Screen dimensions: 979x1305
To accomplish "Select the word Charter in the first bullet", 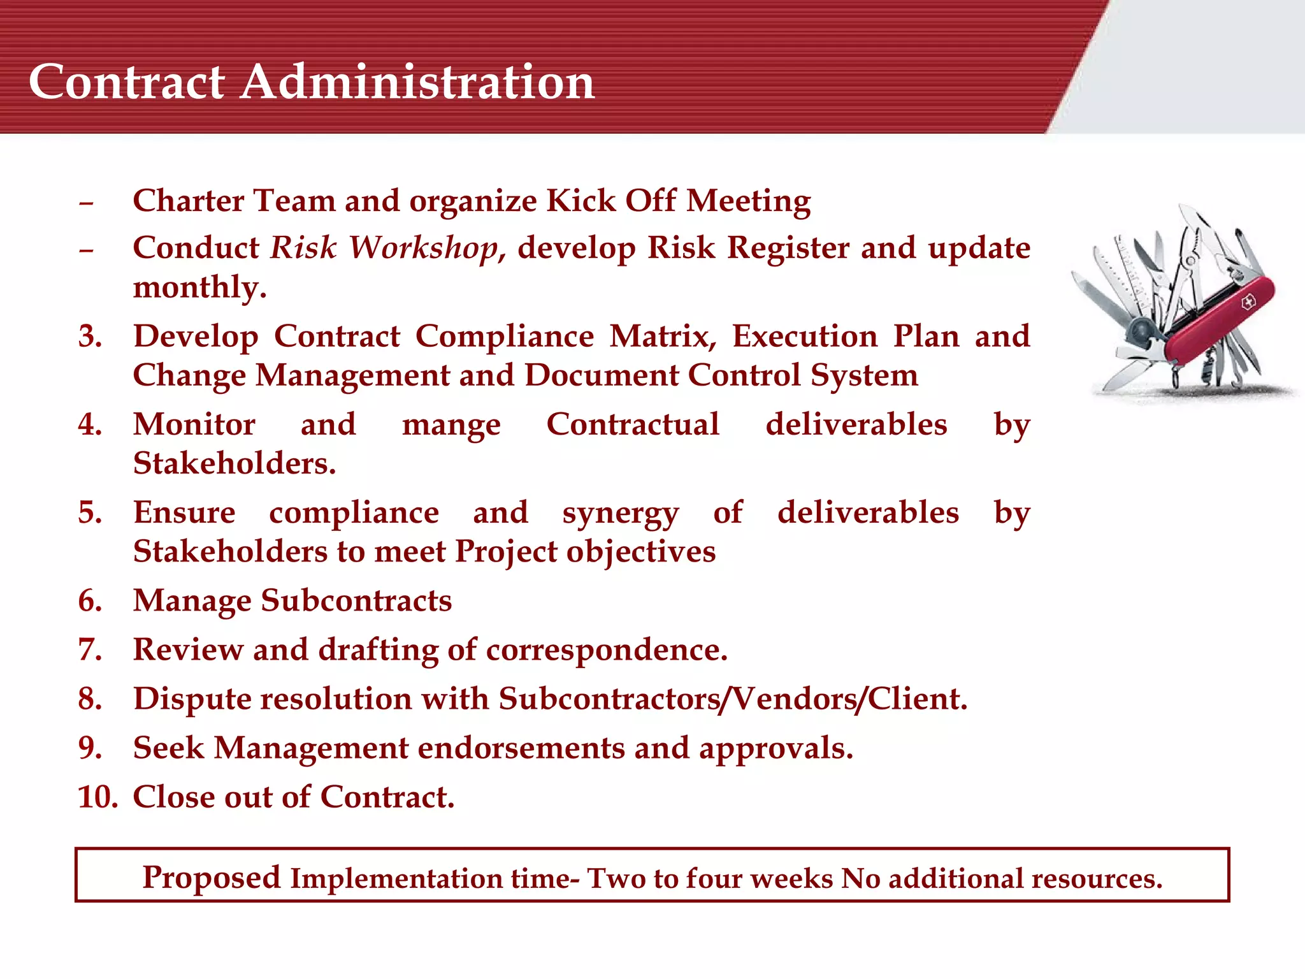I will coord(189,200).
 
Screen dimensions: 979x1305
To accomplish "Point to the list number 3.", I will coord(90,336).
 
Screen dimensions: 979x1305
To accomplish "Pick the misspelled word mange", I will coord(451,425).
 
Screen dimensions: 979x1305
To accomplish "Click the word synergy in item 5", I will coord(620,514).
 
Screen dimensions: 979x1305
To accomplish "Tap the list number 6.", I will coord(90,600).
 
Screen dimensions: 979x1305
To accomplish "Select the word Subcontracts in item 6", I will coord(356,600).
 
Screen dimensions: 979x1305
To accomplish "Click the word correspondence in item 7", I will coord(606,650).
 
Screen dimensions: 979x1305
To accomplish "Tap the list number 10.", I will coord(97,797).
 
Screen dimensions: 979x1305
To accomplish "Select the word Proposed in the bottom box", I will coord(211,877).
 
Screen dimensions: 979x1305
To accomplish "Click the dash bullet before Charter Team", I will coord(86,203).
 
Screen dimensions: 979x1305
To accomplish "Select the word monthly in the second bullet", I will coord(199,287).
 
